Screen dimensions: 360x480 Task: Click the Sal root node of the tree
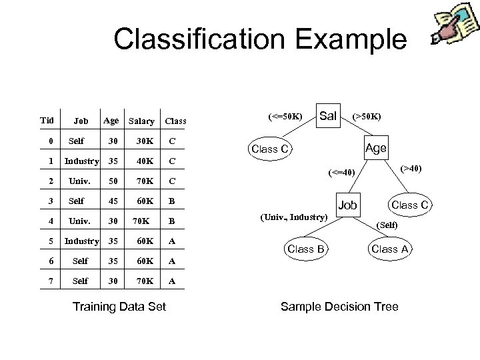tap(327, 116)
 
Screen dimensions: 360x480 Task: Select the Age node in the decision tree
tap(376, 148)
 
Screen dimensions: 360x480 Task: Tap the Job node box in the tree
tap(347, 205)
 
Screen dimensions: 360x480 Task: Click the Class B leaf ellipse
tap(305, 249)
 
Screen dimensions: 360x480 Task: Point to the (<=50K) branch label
tap(285, 117)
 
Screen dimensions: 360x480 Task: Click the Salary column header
tap(141, 121)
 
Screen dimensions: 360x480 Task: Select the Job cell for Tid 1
tap(81, 161)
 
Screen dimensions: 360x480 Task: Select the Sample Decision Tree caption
tap(339, 307)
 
